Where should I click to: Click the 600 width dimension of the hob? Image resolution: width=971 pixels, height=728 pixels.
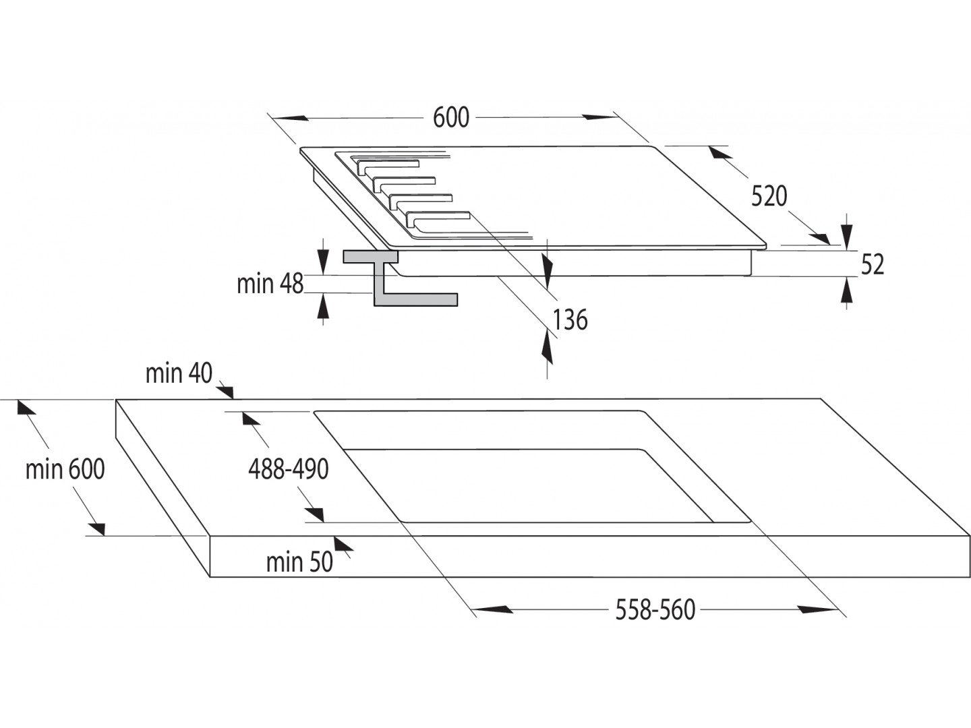(x=451, y=117)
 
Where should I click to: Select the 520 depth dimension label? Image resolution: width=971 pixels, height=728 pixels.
(x=769, y=196)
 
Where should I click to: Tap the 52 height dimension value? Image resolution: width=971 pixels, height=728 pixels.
(x=873, y=264)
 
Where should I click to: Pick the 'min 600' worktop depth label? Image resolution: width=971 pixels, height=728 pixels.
(x=65, y=469)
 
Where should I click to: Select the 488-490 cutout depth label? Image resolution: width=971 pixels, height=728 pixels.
(x=289, y=469)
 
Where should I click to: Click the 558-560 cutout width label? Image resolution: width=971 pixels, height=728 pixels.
(x=655, y=610)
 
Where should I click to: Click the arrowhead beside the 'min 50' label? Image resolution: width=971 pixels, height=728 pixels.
(x=344, y=543)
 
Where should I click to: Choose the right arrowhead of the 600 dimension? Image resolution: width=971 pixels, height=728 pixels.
(x=599, y=117)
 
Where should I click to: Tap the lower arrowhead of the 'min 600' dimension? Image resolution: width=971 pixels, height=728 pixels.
(x=96, y=528)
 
